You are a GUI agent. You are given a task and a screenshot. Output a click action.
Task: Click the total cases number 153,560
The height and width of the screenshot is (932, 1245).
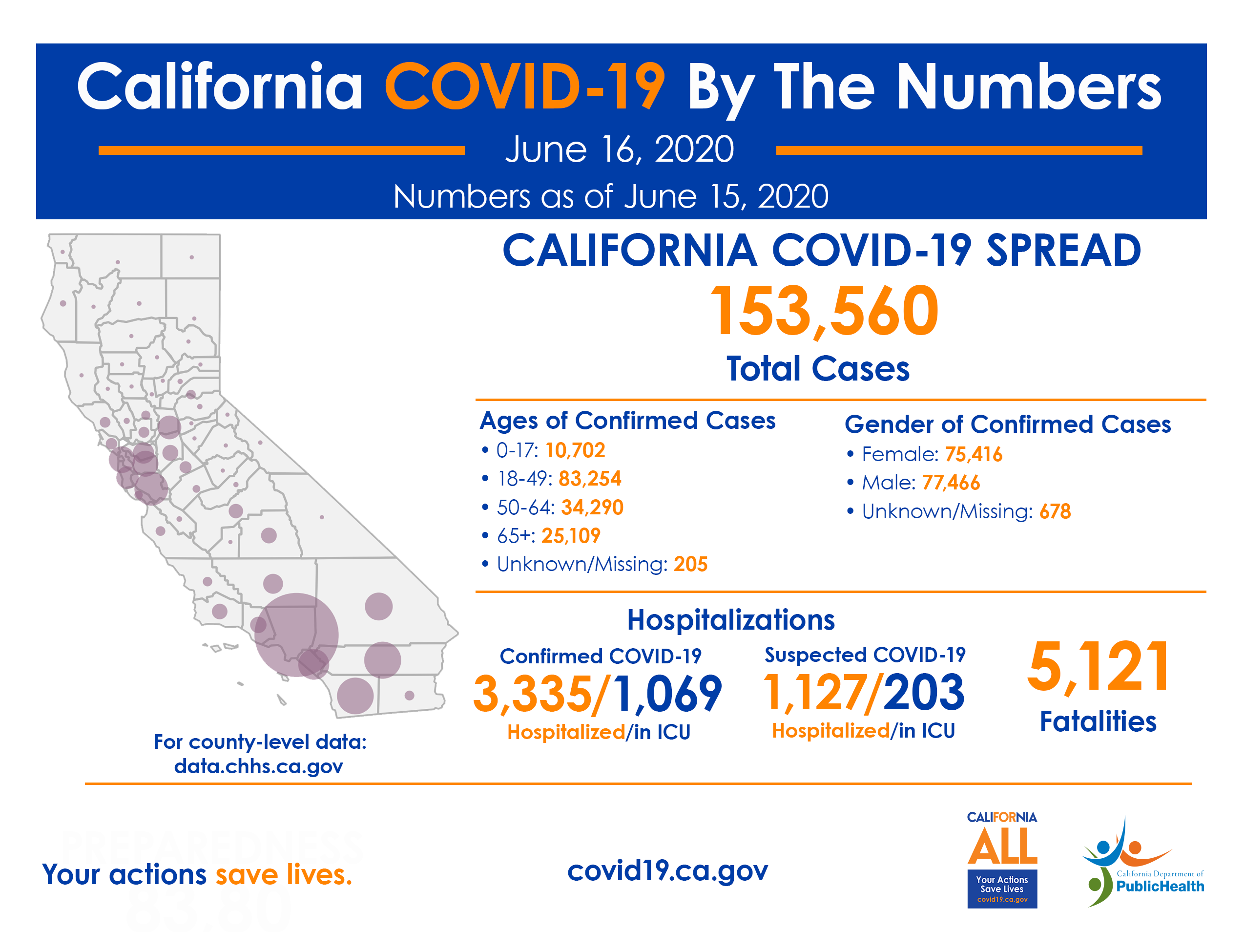pos(824,311)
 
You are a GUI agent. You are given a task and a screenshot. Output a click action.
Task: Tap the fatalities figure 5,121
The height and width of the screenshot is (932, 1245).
pos(1098,667)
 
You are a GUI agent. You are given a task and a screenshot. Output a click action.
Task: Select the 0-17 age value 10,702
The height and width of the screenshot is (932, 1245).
pos(575,450)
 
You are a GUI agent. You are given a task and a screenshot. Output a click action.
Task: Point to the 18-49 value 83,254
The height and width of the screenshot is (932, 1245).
pos(589,479)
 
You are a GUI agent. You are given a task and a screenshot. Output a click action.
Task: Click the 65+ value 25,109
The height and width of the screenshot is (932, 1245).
pos(571,535)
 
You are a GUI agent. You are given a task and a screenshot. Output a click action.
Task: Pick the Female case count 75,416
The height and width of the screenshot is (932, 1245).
pos(973,454)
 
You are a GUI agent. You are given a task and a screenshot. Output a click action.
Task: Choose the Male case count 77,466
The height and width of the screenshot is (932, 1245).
pos(951,483)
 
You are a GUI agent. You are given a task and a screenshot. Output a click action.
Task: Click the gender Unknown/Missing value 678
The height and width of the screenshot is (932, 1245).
pos(1054,511)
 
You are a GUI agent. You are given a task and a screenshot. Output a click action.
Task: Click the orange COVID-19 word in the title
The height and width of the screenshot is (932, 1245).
pos(524,87)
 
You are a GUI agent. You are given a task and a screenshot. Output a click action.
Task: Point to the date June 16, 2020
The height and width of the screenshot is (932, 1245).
pos(619,150)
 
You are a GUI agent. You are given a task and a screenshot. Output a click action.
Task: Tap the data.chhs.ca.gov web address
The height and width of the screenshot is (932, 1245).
pos(258,766)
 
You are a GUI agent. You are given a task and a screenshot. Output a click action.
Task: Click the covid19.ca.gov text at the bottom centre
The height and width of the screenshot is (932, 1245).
pos(667,870)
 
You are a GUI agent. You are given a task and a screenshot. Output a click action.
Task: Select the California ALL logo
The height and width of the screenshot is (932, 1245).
pos(1002,859)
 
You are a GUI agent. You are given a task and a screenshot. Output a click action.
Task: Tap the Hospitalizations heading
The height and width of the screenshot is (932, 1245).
pos(730,620)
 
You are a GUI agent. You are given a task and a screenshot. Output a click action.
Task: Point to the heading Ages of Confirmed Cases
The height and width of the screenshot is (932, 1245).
pos(627,421)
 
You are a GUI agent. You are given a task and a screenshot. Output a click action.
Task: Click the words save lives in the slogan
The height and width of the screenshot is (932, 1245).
pos(284,874)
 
